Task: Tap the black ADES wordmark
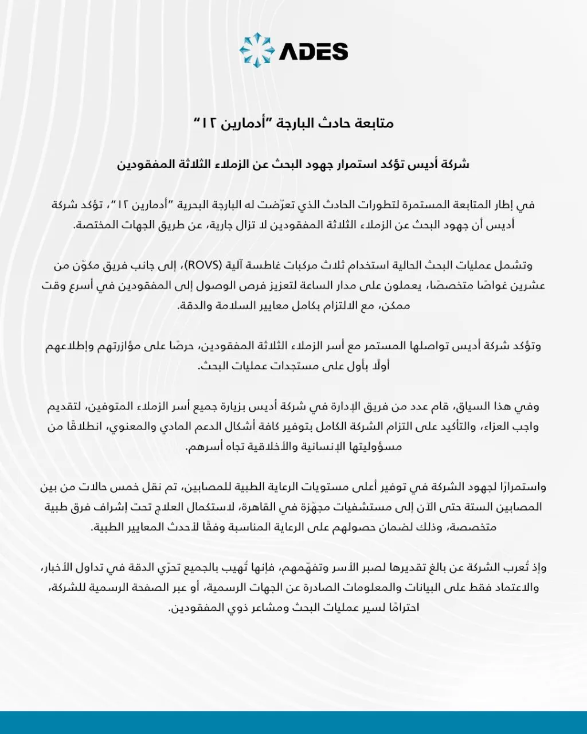[314, 52]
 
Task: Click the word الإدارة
[327, 407]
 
